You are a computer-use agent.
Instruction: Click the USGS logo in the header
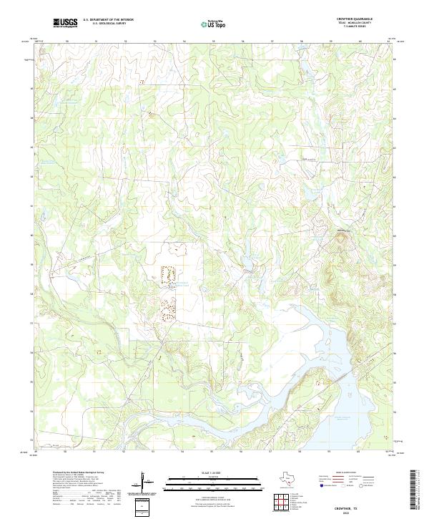[x=66, y=23]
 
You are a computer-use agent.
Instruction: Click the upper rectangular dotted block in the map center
[x=169, y=273]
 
